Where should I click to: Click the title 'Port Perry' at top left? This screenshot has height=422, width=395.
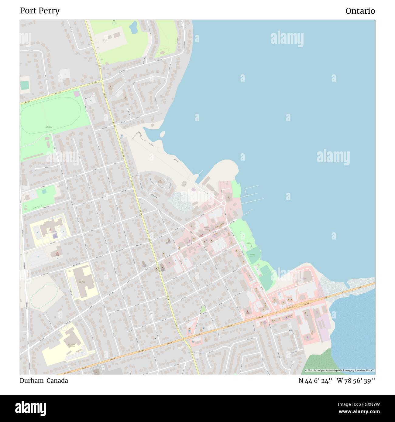pos(39,11)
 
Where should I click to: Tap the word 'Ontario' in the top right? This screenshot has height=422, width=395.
pos(360,11)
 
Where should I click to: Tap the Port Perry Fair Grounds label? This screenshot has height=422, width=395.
pos(49,127)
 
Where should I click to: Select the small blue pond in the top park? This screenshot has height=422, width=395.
pos(133,28)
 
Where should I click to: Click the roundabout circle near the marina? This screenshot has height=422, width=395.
pos(224,203)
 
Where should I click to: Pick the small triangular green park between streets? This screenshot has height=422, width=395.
pos(203,310)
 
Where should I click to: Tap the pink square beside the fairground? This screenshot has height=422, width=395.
pos(76,94)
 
